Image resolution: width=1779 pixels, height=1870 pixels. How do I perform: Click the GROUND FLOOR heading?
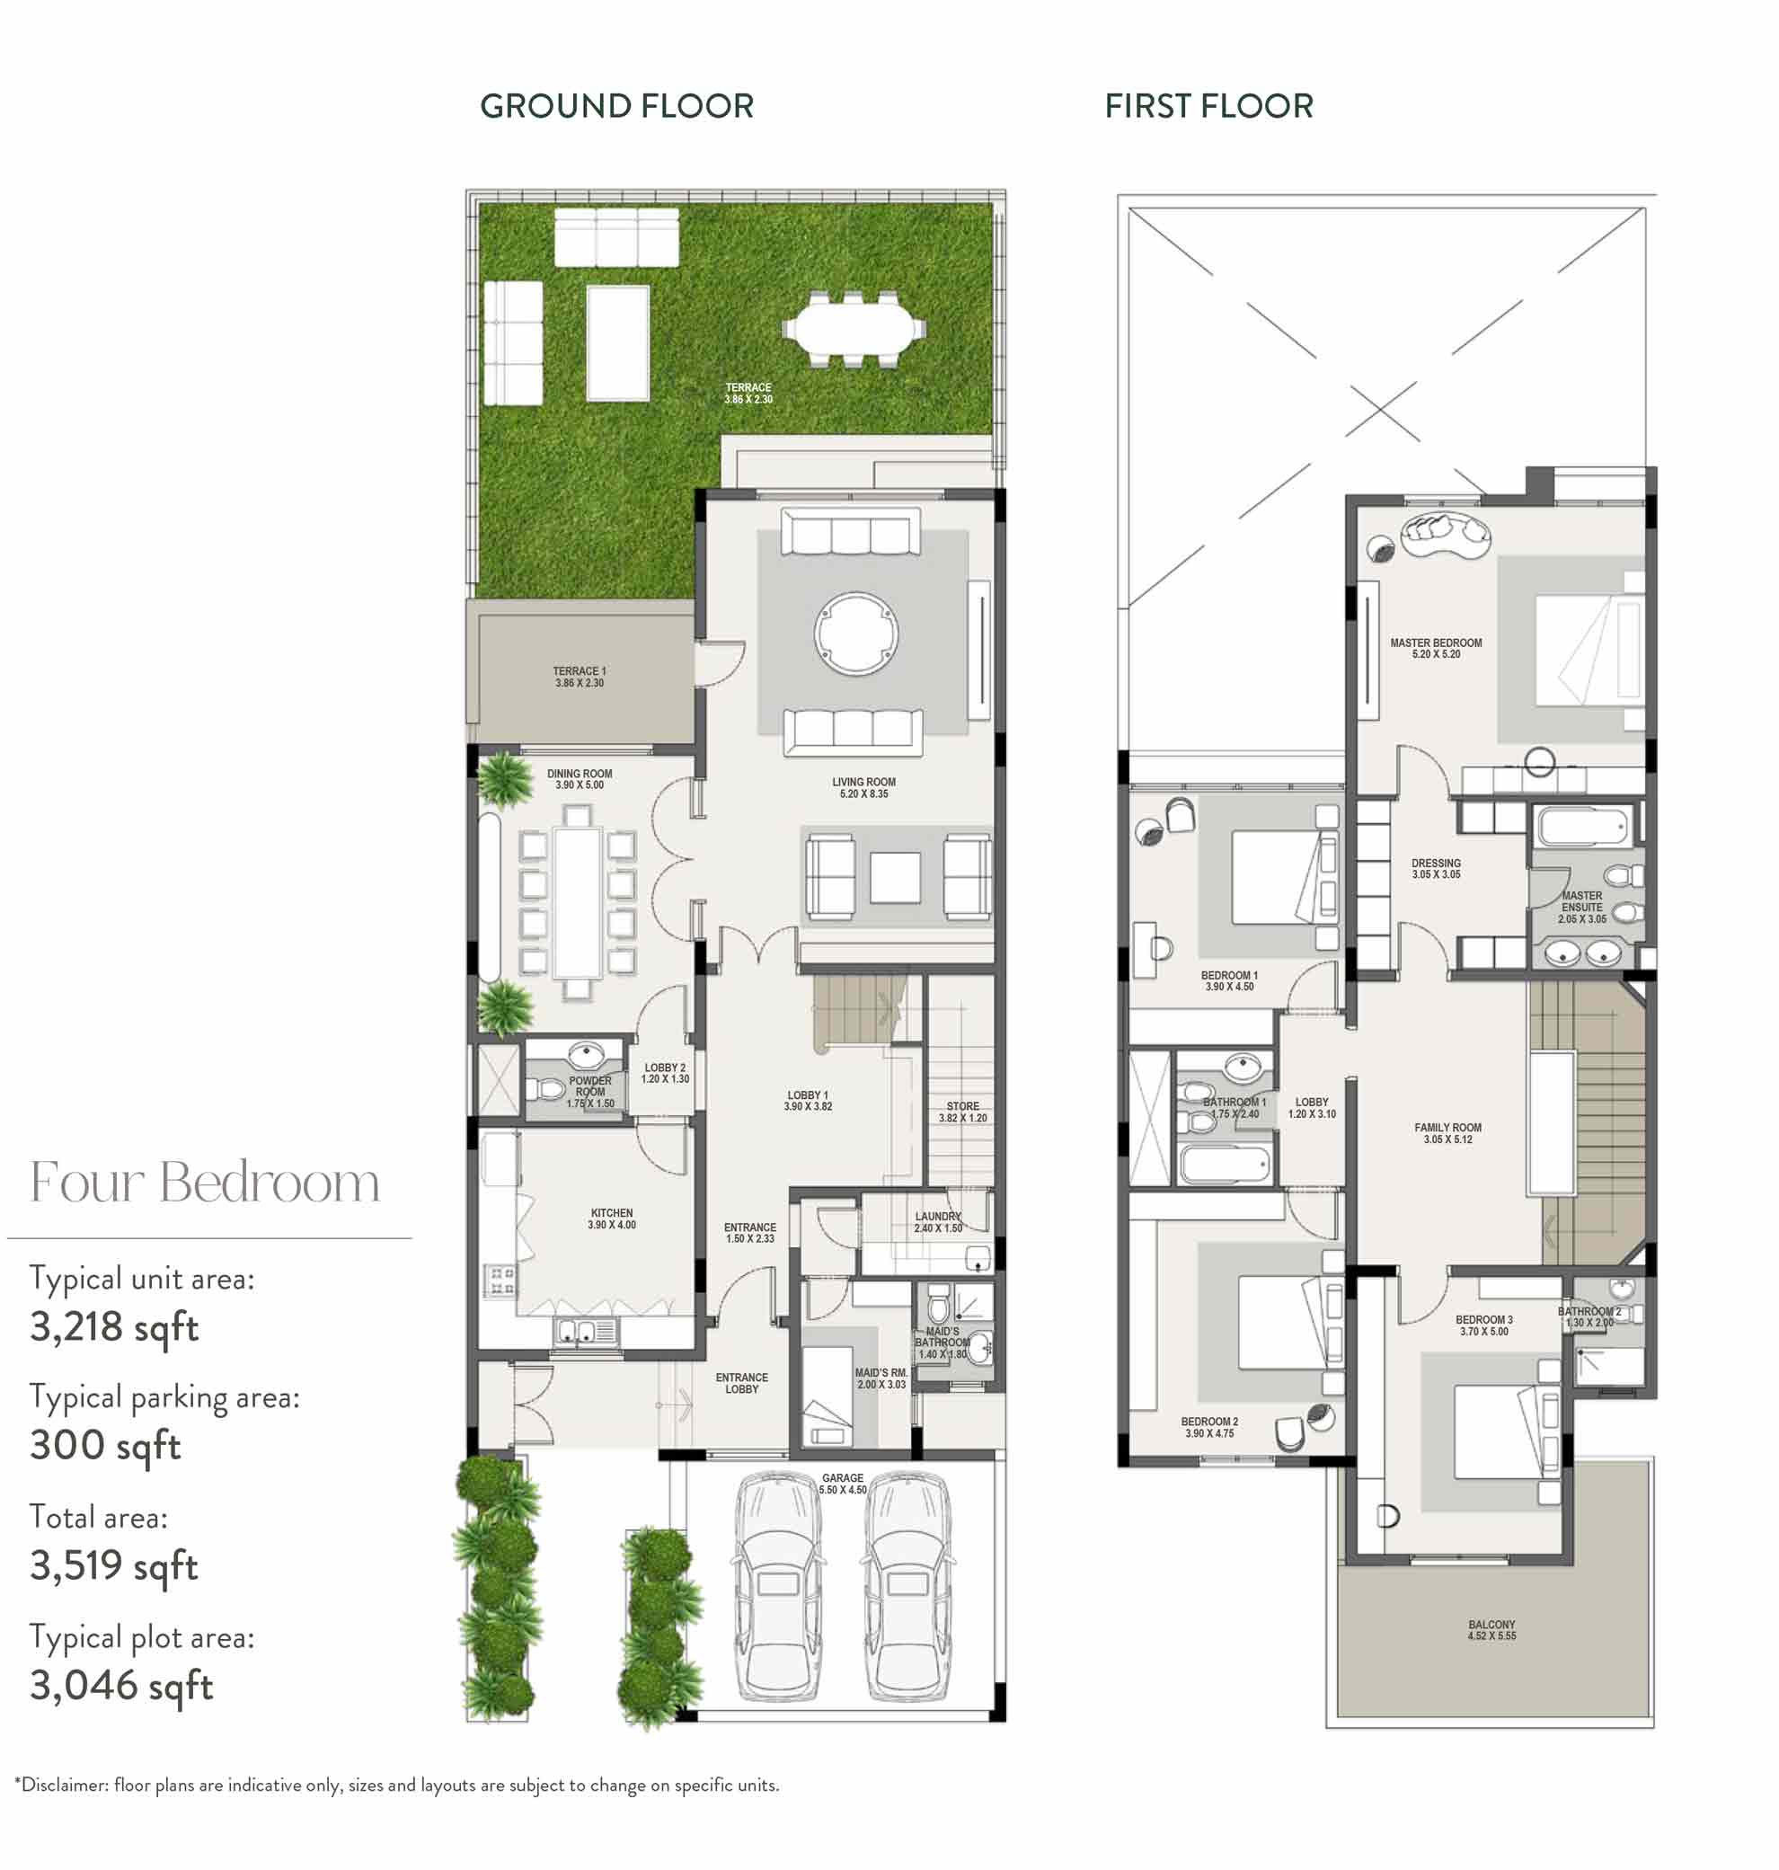616,106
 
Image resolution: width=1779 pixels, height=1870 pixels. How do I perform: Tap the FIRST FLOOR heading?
1209,106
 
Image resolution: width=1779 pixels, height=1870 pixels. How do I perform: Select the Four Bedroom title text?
205,1182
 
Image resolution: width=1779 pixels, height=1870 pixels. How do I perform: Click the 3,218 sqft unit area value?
114,1326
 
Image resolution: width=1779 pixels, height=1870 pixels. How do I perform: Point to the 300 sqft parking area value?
105,1445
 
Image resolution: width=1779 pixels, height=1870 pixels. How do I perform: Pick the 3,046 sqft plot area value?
121,1684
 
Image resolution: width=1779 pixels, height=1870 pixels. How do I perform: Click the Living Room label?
864,788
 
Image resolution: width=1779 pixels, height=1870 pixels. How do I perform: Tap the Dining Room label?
580,779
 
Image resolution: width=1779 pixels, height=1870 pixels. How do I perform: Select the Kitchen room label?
612,1219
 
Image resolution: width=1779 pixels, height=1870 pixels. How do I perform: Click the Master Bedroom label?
1436,649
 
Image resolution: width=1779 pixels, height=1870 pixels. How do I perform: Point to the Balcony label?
1491,1630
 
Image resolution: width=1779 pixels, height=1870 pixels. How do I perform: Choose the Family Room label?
1448,1133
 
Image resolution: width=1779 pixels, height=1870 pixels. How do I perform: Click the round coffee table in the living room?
856,634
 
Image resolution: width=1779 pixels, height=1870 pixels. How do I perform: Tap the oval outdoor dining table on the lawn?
853,328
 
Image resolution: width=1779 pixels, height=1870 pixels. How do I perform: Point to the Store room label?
962,1112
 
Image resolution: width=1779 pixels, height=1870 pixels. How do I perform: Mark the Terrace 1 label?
580,677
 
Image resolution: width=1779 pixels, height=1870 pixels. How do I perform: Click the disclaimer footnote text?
397,1785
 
